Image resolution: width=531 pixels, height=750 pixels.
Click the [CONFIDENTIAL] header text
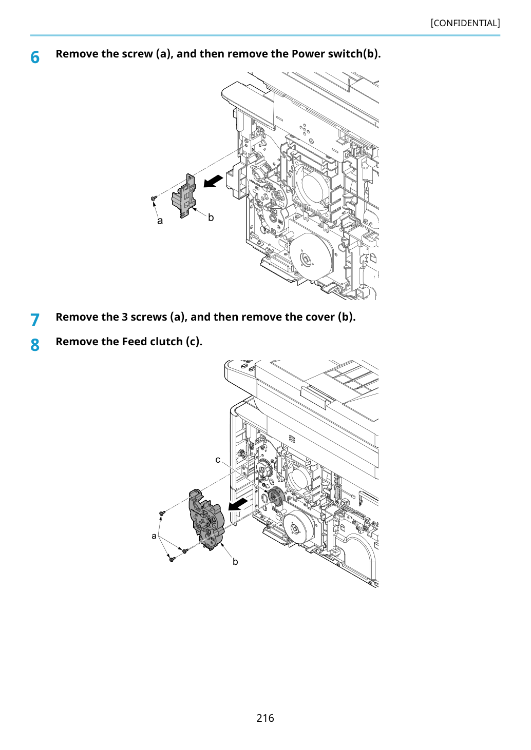point(465,23)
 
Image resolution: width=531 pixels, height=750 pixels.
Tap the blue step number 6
point(35,57)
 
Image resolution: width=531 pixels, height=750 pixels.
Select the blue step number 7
point(35,320)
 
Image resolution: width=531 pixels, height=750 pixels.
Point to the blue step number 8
point(35,345)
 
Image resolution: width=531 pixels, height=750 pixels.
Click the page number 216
point(265,718)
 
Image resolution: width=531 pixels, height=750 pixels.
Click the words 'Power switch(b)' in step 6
point(336,53)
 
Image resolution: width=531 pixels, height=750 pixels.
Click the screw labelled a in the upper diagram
point(154,199)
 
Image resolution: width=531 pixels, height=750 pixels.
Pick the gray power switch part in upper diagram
point(184,196)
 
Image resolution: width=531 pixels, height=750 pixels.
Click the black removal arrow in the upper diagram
point(213,181)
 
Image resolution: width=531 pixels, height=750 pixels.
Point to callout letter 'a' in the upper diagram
point(160,221)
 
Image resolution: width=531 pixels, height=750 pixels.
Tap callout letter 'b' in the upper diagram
point(211,218)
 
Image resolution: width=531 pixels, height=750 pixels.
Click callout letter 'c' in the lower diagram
point(218,460)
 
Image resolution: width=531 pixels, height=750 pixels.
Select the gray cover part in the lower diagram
point(206,520)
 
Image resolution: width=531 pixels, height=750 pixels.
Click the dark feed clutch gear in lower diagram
point(276,497)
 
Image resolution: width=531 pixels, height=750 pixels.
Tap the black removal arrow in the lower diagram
point(238,504)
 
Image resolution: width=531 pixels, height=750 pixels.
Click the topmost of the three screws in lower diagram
point(162,513)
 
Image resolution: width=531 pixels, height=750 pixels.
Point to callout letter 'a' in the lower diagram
point(154,536)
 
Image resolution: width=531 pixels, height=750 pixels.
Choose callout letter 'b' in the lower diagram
point(235,562)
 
